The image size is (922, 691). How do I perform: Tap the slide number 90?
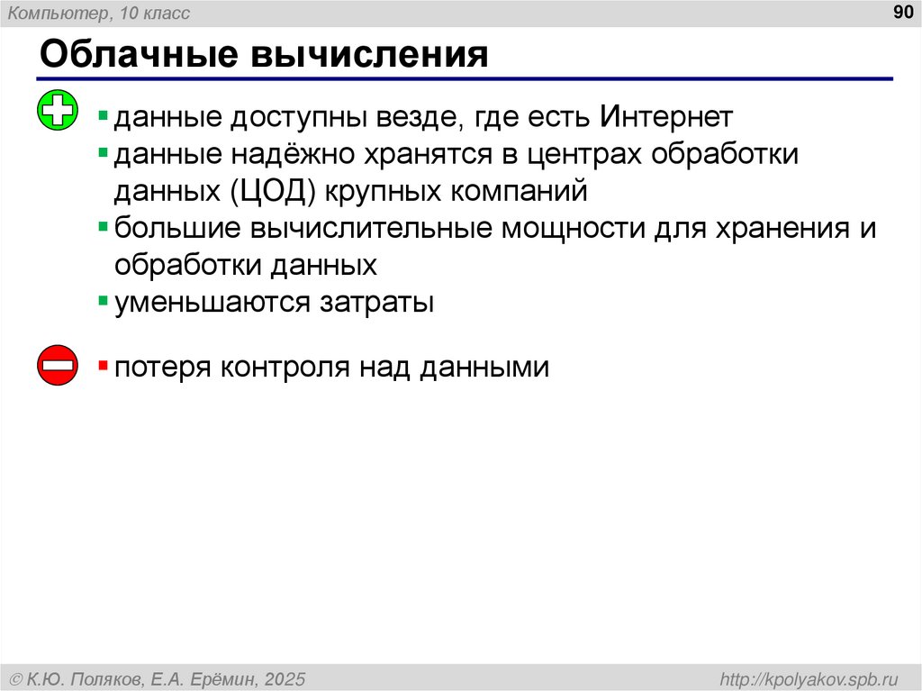coord(901,13)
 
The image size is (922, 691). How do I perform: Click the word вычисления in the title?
coord(369,55)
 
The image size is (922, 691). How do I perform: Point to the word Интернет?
coord(665,117)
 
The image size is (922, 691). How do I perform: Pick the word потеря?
coord(161,368)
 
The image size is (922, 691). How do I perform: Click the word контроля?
coord(285,368)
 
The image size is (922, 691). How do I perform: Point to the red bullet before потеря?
coord(104,365)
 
